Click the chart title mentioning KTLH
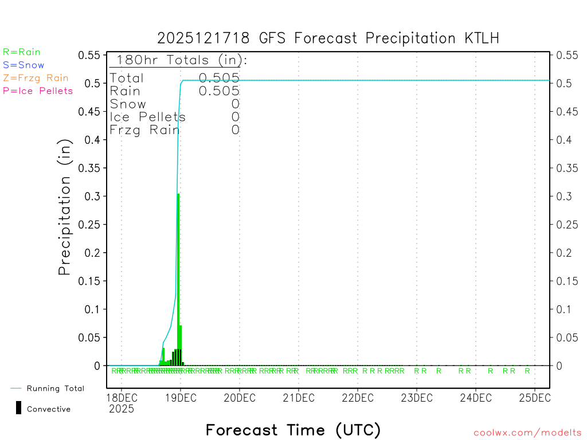coord(328,38)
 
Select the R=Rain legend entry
coord(22,52)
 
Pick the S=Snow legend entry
coord(24,65)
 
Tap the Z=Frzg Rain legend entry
coord(36,78)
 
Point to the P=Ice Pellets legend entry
coord(38,91)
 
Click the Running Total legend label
coord(55,388)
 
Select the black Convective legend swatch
coord(19,408)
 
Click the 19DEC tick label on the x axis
coord(181,398)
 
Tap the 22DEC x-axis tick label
coord(358,398)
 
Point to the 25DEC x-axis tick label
coord(534,398)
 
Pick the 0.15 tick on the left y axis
coord(90,281)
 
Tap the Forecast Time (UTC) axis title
coord(293,430)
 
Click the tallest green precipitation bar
coord(178,275)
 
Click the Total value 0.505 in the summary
coord(219,78)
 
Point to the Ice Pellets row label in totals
coord(148,117)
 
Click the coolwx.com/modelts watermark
coord(527,433)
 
